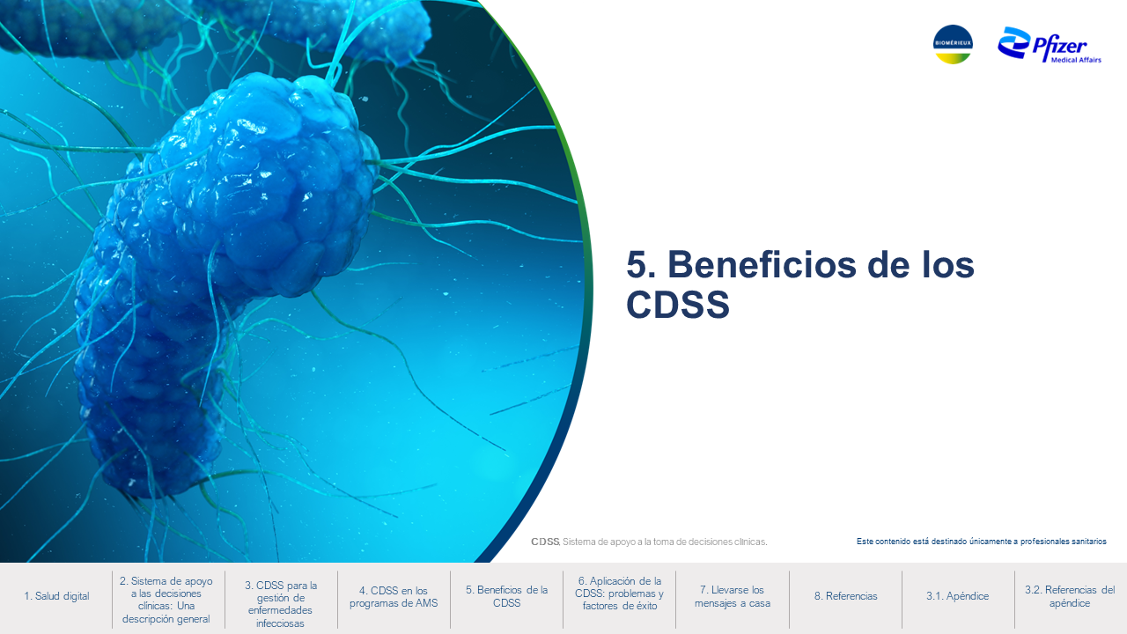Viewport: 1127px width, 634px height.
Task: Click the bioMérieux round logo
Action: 953,44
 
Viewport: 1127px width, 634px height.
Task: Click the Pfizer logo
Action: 1049,45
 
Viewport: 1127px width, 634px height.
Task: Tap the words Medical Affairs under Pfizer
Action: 1076,60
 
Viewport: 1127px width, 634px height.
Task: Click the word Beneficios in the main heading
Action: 762,265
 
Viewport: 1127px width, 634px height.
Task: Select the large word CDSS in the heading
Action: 678,304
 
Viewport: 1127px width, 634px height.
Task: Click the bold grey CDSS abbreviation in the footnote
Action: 545,542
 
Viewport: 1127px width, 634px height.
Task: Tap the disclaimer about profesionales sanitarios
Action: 982,542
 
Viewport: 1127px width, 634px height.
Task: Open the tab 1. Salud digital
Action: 56,596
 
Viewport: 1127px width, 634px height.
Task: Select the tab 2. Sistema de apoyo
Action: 166,600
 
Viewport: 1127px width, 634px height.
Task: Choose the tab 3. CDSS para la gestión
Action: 281,604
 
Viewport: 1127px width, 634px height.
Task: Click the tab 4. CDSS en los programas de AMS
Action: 394,597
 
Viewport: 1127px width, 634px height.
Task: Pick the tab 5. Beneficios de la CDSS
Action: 506,596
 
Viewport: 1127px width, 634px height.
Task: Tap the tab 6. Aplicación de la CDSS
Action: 619,593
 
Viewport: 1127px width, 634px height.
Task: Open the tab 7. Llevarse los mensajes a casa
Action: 733,596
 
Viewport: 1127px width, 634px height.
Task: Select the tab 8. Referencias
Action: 846,596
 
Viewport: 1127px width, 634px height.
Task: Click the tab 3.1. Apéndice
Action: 957,596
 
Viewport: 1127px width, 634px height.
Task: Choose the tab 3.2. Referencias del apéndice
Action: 1070,596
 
